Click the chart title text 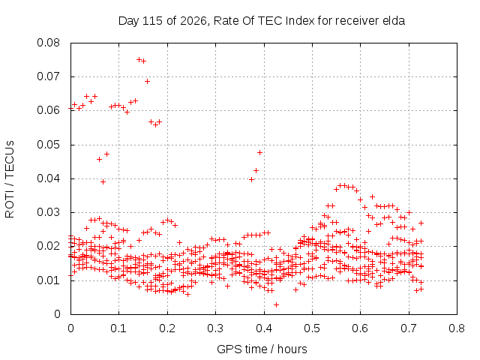tap(262, 21)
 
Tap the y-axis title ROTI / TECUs tap(10, 179)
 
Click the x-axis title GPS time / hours tap(262, 349)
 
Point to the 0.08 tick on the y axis tap(48, 43)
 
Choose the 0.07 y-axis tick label tap(48, 76)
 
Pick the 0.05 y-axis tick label tap(48, 145)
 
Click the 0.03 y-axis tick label tap(48, 212)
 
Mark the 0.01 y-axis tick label tap(48, 280)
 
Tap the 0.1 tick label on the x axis tap(118, 328)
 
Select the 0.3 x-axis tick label tap(215, 328)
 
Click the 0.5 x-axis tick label tap(312, 328)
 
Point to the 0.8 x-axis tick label tap(457, 328)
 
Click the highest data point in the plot tap(139, 59)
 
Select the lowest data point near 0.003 tap(276, 304)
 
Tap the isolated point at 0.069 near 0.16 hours tap(147, 81)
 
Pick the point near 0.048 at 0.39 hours tap(260, 152)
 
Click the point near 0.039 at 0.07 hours tap(103, 181)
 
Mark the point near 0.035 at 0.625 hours tap(372, 196)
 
